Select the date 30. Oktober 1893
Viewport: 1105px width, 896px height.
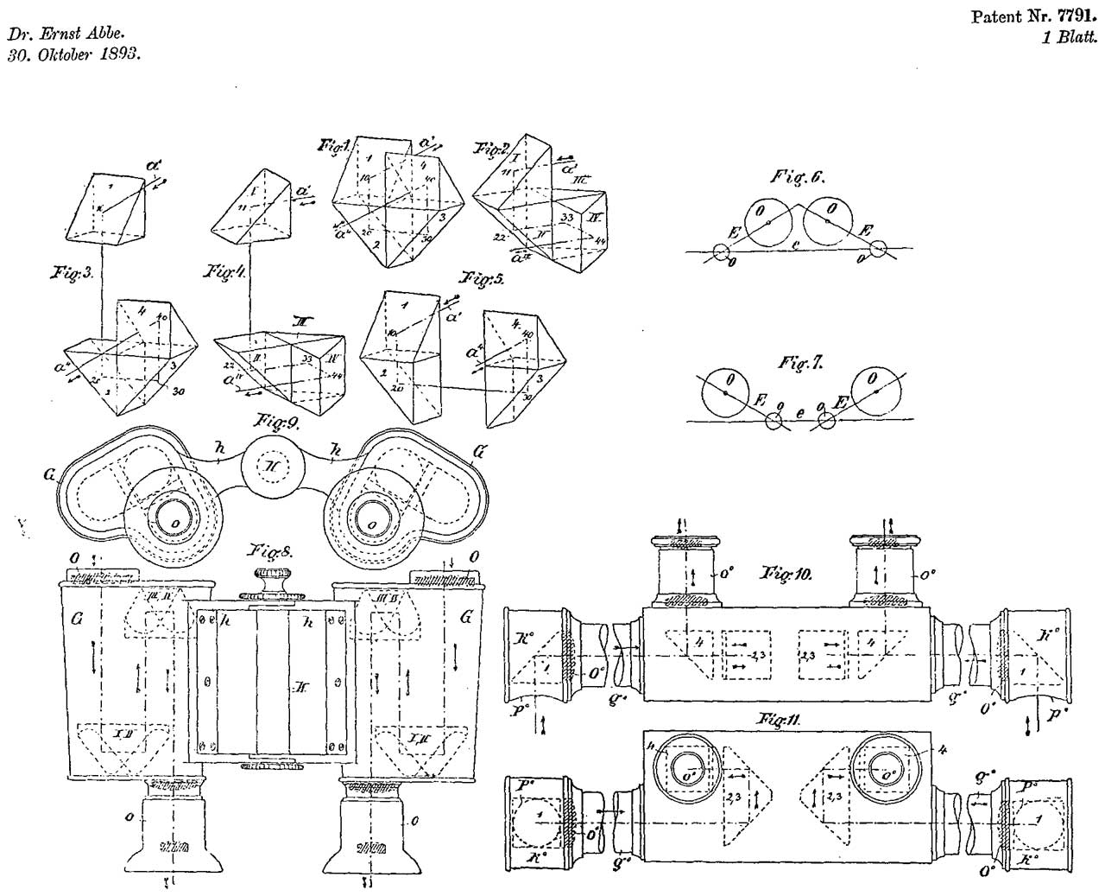tap(75, 54)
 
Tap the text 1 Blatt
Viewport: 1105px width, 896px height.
tap(1070, 37)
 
